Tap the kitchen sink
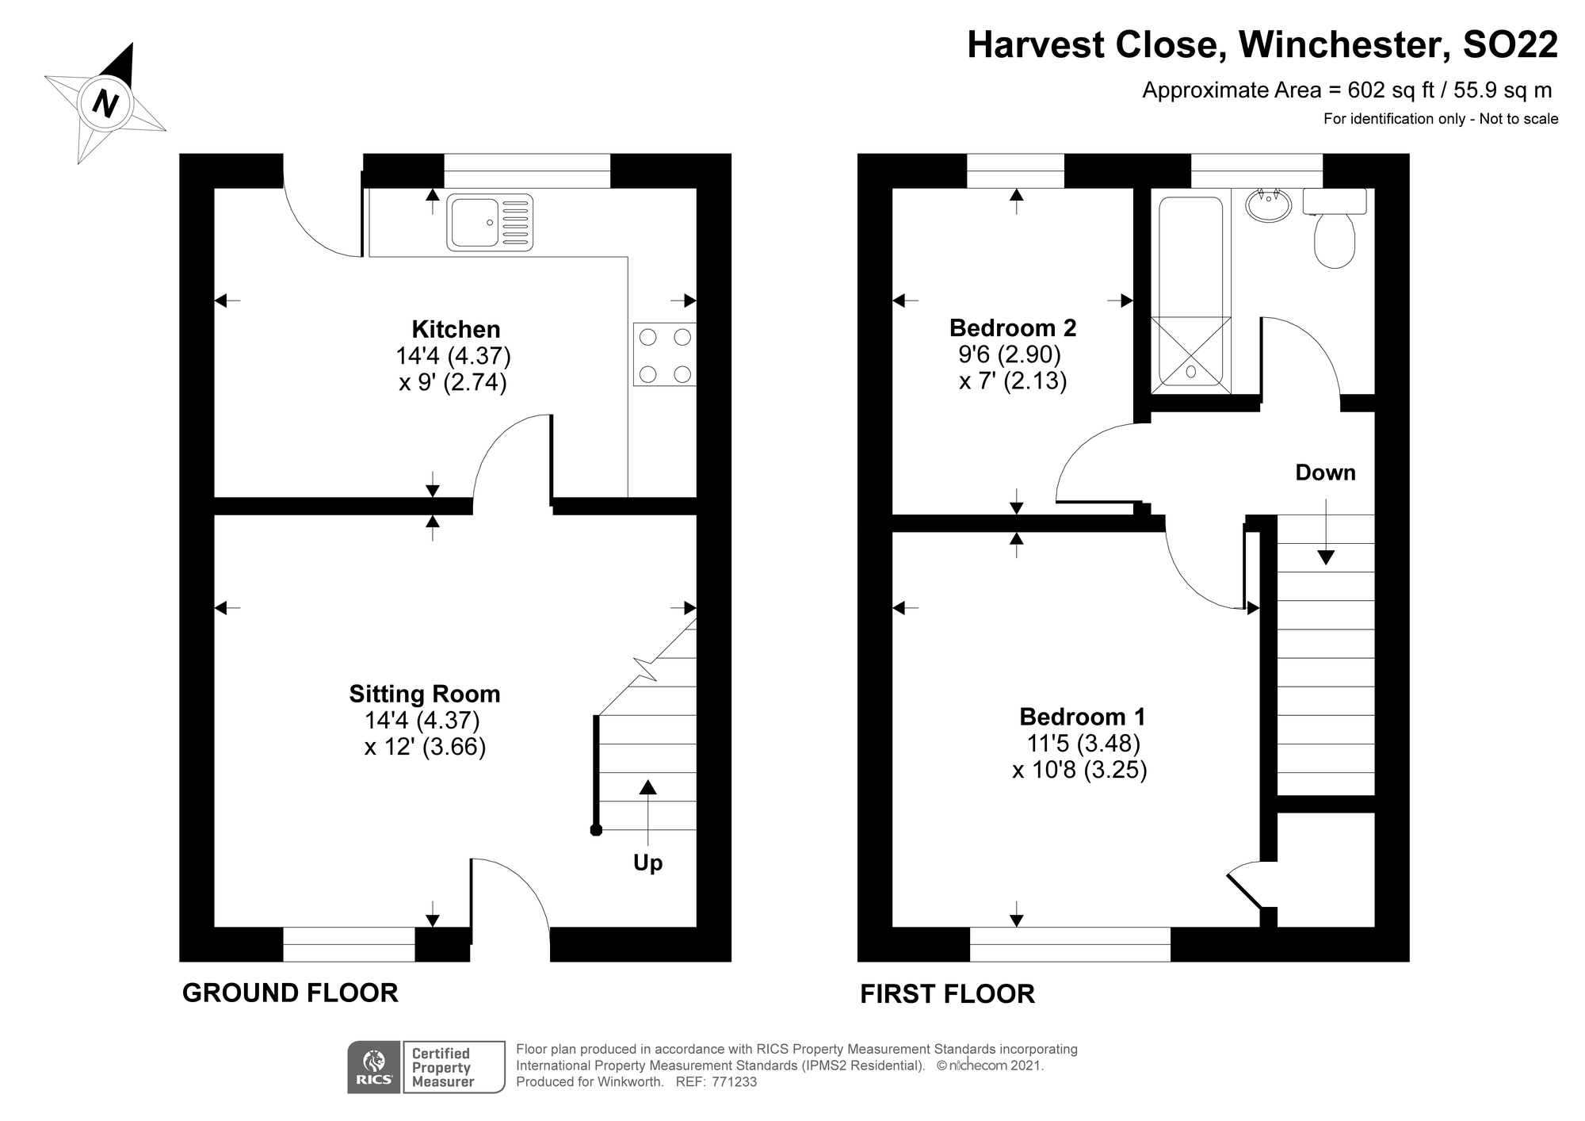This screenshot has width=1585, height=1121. point(490,223)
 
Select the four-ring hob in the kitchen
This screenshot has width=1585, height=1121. point(664,354)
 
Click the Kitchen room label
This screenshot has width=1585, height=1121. point(456,329)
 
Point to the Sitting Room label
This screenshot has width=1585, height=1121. point(425,694)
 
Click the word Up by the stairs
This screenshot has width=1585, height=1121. point(647,863)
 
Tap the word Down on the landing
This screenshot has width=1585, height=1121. point(1325,473)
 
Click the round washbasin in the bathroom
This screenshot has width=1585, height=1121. point(1269,205)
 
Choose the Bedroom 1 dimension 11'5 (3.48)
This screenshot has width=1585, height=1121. point(1083,743)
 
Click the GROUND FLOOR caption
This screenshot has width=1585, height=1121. point(290,993)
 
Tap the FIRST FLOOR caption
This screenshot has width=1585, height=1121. point(947,993)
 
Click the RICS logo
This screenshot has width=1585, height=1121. point(374,1067)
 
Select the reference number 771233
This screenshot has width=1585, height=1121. point(735,1081)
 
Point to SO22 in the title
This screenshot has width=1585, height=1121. point(1510,44)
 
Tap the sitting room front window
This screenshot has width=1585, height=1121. point(349,944)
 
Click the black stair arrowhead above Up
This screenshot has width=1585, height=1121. point(647,786)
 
